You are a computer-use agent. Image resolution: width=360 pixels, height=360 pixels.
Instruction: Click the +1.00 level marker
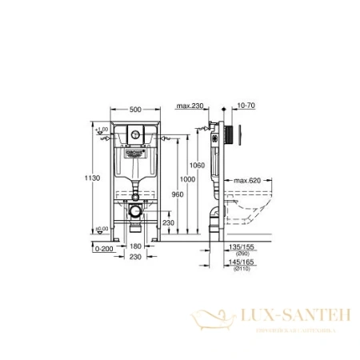pyautogui.click(x=101, y=129)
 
